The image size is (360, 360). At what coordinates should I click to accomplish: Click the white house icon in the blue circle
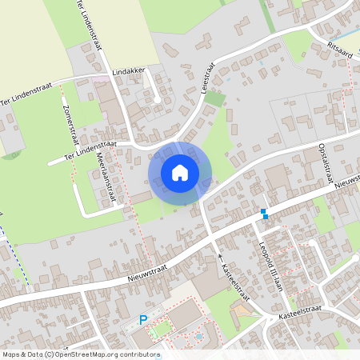coord(180,173)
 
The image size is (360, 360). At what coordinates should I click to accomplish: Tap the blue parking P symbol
coord(144,319)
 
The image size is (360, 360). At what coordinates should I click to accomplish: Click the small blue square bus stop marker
coord(264,213)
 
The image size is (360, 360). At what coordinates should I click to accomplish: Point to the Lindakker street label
coord(129,71)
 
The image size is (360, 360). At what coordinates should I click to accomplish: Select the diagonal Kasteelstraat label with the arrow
coord(235,281)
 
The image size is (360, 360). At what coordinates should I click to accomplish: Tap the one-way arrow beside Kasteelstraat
coord(221,258)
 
